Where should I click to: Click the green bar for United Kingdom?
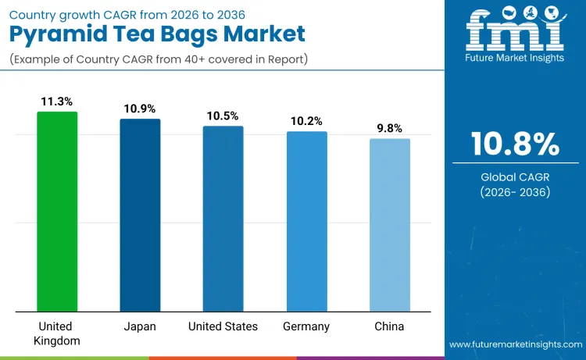[x=57, y=212]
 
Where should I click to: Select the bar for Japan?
[x=140, y=216]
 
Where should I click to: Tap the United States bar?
[x=223, y=219]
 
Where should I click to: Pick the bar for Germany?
[x=306, y=222]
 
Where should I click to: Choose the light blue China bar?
[x=389, y=225]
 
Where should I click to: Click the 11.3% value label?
[x=57, y=102]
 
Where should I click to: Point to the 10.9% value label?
[x=140, y=109]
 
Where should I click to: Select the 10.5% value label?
[x=223, y=116]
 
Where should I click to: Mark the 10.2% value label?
[x=306, y=121]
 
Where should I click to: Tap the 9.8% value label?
[x=389, y=128]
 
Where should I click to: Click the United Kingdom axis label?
[x=57, y=333]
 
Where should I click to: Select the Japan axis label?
[x=140, y=326]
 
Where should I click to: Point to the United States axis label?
[x=223, y=326]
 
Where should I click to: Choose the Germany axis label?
[x=306, y=326]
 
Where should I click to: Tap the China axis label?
[x=389, y=326]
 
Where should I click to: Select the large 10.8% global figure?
[x=515, y=144]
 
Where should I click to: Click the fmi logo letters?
[x=515, y=27]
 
